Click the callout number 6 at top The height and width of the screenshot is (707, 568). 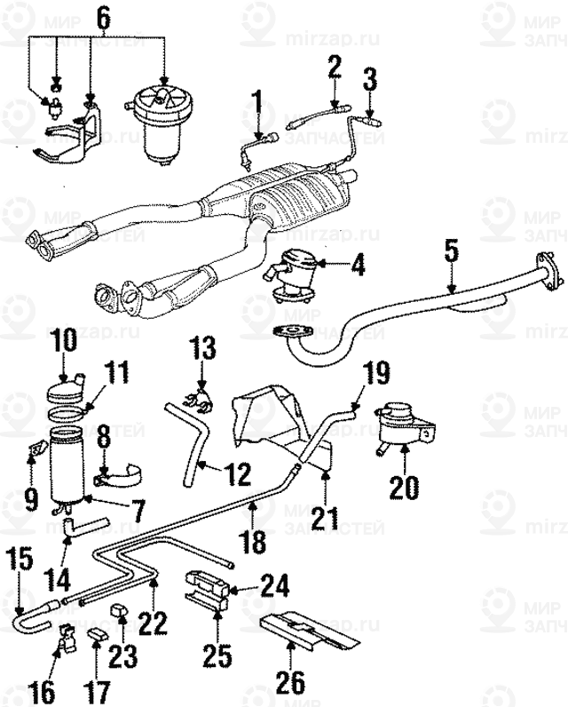[103, 17]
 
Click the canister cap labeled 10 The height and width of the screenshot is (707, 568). [66, 388]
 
